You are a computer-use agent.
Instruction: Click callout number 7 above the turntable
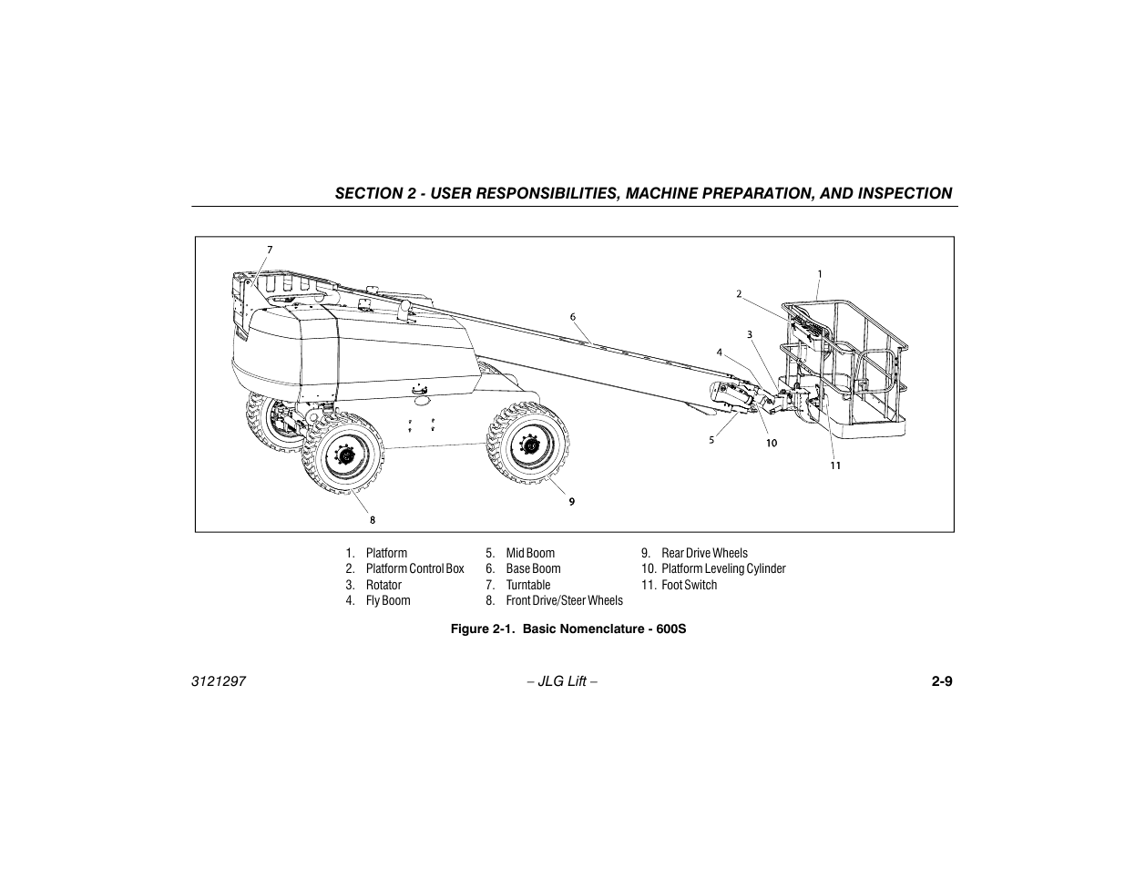coord(270,249)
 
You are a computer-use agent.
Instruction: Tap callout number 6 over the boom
coord(573,317)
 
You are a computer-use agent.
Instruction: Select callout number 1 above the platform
coord(819,273)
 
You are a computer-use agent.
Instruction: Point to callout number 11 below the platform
coord(834,465)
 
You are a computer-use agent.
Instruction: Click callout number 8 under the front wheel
coord(372,520)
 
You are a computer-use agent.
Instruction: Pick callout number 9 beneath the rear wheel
coord(572,501)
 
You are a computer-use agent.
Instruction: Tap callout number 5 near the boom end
coord(711,440)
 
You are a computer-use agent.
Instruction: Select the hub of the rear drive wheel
coord(528,445)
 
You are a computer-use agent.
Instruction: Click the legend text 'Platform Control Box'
coord(414,568)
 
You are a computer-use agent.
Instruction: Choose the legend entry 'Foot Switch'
coord(689,585)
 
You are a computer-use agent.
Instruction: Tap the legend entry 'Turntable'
coord(528,585)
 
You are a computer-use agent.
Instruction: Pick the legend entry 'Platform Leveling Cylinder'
coord(723,568)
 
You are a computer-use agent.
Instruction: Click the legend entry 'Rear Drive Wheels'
coord(704,553)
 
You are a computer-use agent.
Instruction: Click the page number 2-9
coord(941,681)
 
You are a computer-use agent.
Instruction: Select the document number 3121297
coord(220,681)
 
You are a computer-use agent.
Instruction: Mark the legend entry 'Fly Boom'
coord(388,600)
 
